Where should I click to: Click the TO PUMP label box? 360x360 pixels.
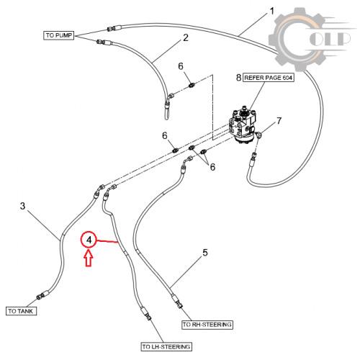point(58,35)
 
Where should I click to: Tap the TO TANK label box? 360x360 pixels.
point(21,311)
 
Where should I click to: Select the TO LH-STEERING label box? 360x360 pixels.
point(166,346)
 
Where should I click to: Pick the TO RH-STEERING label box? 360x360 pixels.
point(207,325)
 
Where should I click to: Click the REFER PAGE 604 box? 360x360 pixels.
point(269,78)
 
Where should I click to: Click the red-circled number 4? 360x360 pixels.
point(89,240)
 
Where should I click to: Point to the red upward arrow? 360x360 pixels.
point(89,258)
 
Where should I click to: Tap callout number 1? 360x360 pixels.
point(271,11)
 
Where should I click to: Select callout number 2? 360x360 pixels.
point(186,37)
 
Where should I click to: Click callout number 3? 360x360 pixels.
point(22,206)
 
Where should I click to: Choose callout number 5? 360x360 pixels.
point(205,253)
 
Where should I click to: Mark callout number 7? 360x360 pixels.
point(279,121)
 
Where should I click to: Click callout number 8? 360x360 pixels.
point(238,78)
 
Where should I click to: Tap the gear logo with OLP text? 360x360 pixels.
point(310,40)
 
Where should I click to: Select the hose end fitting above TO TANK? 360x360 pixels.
point(42,295)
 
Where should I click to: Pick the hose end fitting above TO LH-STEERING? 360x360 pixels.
point(146,314)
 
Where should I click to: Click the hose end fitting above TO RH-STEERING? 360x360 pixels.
point(177,302)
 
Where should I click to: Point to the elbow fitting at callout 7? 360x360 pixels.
point(258,135)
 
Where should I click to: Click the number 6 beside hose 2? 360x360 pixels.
point(181,66)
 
